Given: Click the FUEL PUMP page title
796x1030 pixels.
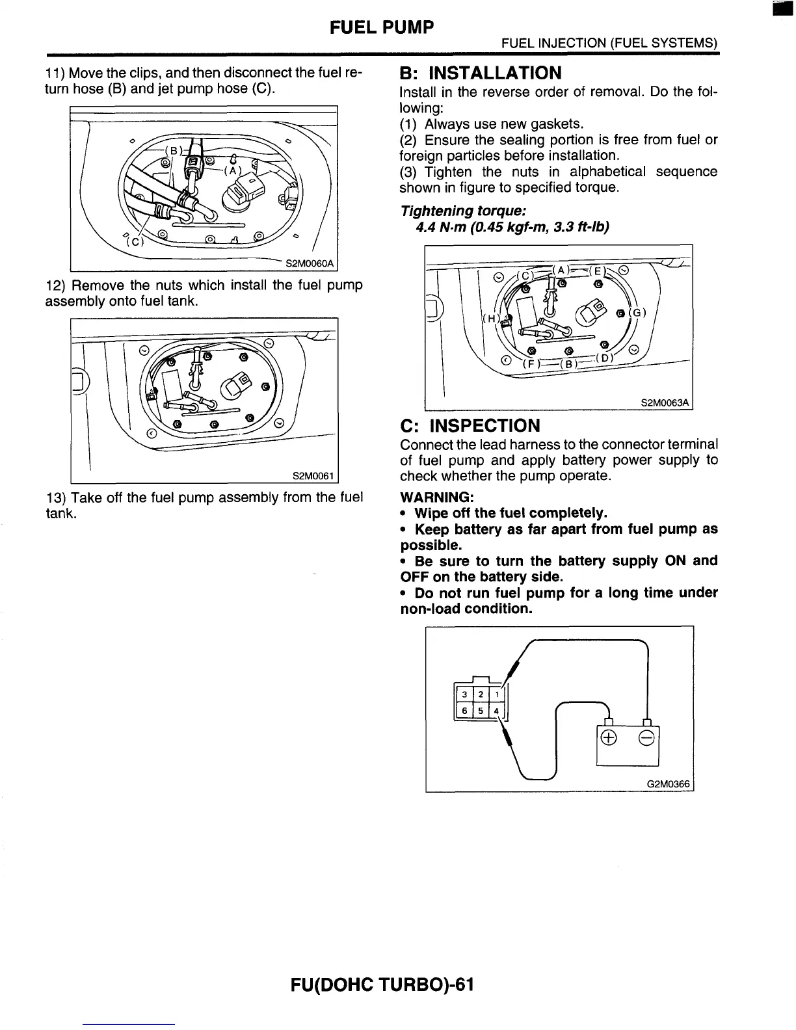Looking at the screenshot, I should click(381, 27).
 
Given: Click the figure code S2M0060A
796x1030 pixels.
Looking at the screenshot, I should click(310, 263).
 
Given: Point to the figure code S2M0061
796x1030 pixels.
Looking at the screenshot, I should click(313, 476).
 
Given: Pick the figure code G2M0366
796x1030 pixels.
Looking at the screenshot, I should click(668, 784).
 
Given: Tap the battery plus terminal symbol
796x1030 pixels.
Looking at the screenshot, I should click(609, 737).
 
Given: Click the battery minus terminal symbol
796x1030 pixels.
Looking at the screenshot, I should click(646, 737).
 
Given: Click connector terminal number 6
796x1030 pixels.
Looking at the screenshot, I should click(464, 711).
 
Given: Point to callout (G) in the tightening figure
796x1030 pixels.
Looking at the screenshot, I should click(639, 313).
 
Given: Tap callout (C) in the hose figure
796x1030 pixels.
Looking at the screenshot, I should click(135, 243).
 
